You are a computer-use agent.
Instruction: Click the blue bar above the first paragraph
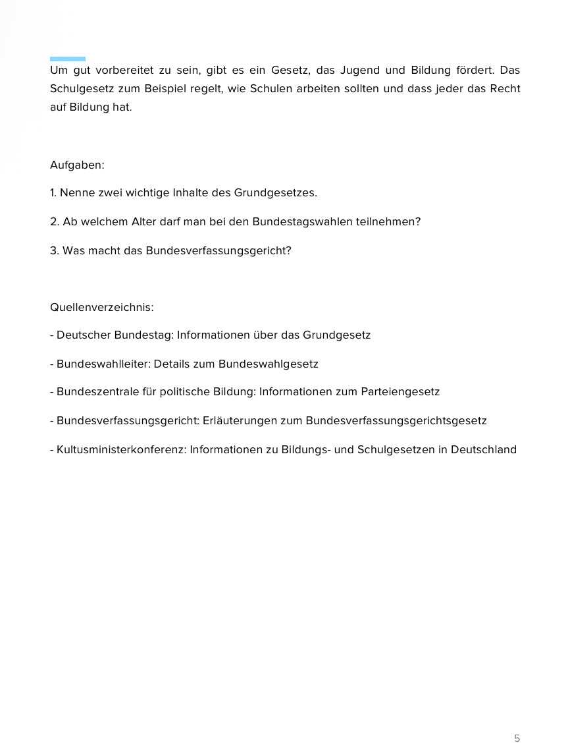(x=68, y=59)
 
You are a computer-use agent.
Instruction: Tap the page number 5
(x=517, y=738)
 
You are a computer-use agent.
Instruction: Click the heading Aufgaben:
(x=77, y=165)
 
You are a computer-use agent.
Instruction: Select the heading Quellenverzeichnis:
(x=102, y=307)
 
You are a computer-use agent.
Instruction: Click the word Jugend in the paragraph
(x=359, y=70)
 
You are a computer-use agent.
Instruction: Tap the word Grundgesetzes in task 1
(x=276, y=193)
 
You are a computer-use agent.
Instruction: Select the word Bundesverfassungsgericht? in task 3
(x=219, y=250)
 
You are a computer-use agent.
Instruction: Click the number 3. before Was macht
(x=55, y=250)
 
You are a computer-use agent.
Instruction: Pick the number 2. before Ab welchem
(x=55, y=221)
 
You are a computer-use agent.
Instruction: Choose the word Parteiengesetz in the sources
(x=400, y=392)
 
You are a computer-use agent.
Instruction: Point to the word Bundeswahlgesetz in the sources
(x=269, y=364)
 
